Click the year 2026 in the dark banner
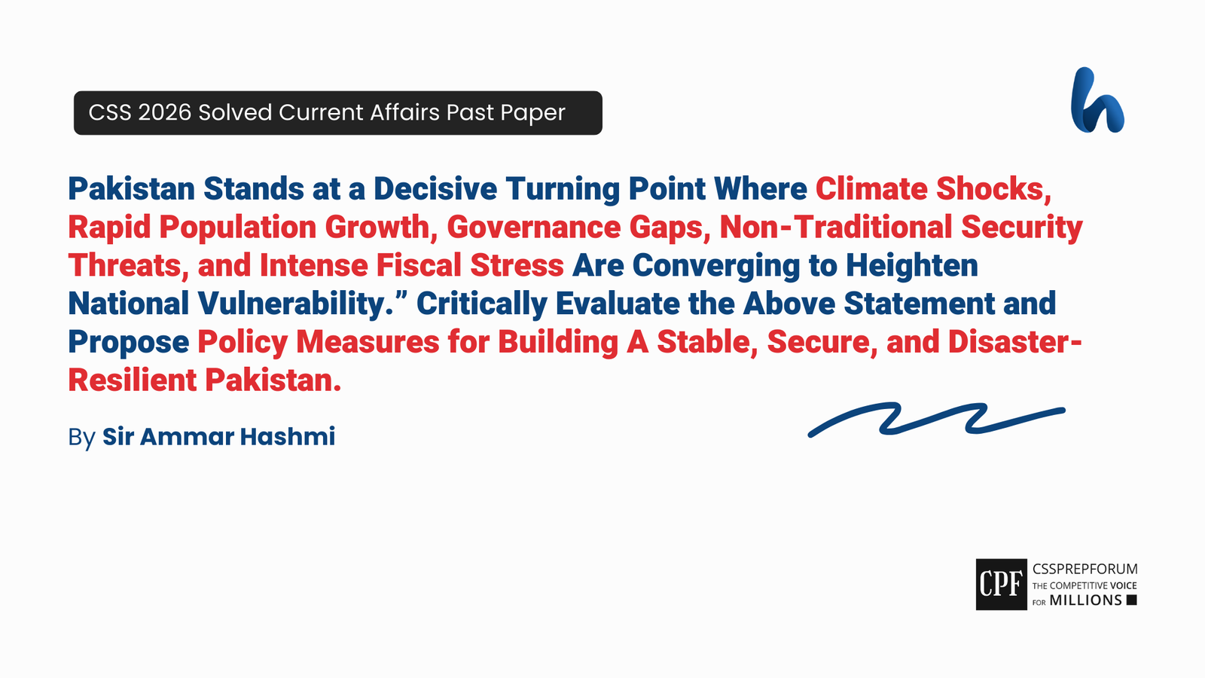pos(165,113)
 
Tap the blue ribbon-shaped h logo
pos(1097,101)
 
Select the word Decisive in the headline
pos(435,189)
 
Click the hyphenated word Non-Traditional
pos(835,228)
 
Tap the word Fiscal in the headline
pos(419,266)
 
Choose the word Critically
pos(481,304)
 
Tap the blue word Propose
pos(128,343)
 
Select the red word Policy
pos(243,343)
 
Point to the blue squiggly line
pos(936,419)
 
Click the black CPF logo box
pos(1001,585)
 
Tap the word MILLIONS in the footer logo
pos(1085,600)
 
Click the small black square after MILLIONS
pos(1131,600)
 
